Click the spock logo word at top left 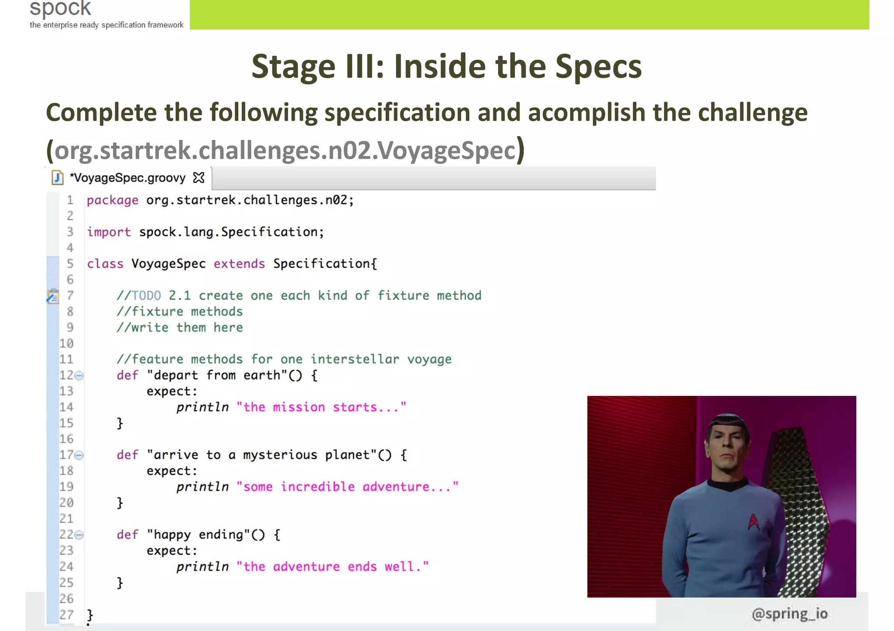point(60,9)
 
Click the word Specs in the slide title point(598,67)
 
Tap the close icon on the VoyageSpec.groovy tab point(199,178)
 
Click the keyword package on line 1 point(113,200)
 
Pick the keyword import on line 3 point(109,232)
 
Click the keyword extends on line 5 point(239,264)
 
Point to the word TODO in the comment point(146,296)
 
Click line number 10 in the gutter point(66,344)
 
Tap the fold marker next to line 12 point(79,375)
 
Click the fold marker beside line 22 point(79,535)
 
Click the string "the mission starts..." point(321,407)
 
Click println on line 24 point(202,567)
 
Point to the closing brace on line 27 point(90,615)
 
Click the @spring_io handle point(789,614)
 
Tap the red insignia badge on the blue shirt point(753,521)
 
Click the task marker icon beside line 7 point(53,296)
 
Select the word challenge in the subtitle point(753,113)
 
